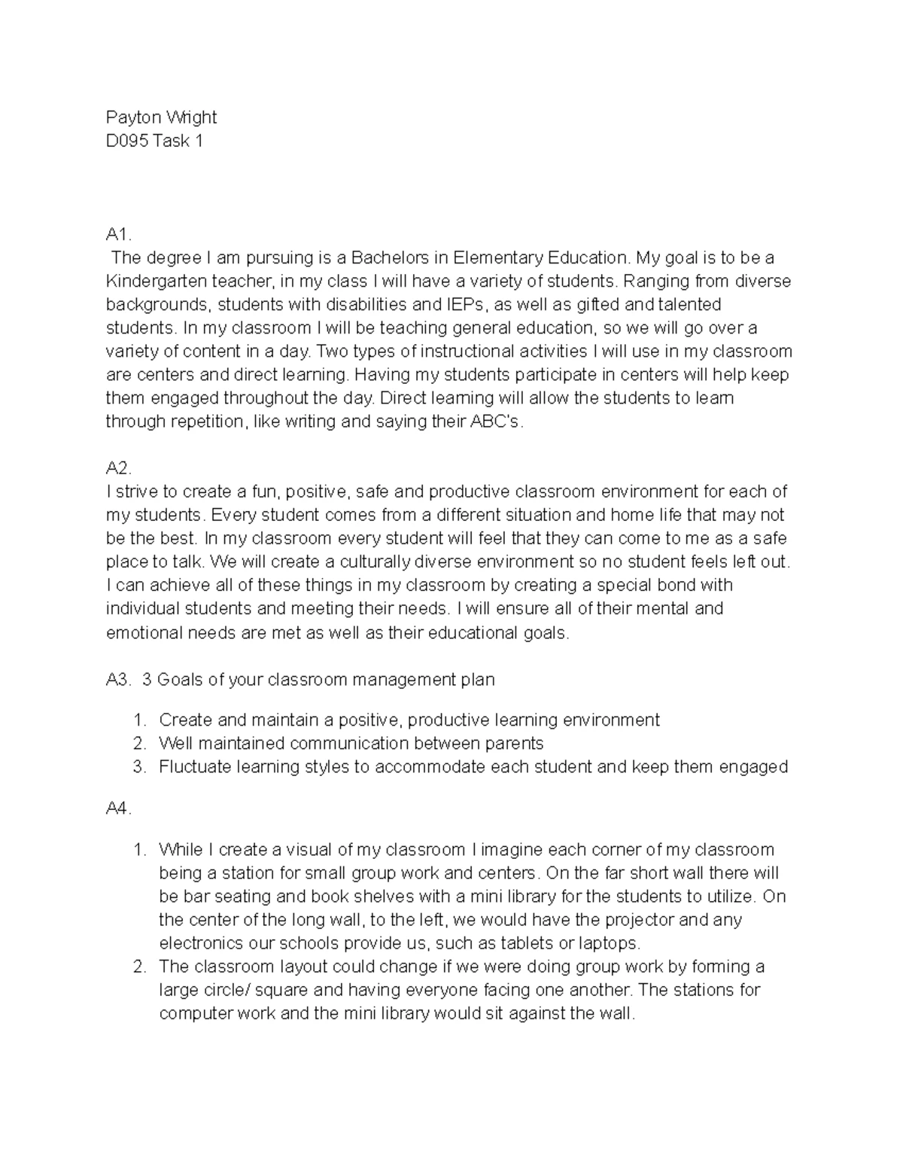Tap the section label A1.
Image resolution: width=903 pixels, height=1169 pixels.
119,235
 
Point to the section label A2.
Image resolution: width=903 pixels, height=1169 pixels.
119,468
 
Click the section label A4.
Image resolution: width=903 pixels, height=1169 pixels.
119,810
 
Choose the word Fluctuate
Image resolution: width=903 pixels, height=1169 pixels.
195,767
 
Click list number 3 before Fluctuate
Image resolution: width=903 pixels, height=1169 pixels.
138,767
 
